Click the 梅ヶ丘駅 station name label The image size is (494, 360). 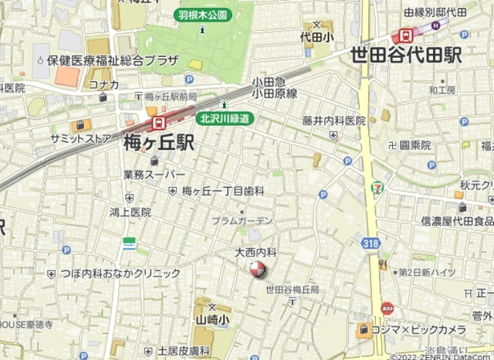pyautogui.click(x=158, y=142)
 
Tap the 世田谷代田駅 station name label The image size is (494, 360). pyautogui.click(x=405, y=55)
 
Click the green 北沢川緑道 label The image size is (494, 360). pyautogui.click(x=225, y=118)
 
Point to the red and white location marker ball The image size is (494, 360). pyautogui.click(x=257, y=270)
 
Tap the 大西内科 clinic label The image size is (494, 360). pyautogui.click(x=255, y=253)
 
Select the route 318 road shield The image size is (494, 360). pyautogui.click(x=373, y=243)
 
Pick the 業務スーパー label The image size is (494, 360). pyautogui.click(x=154, y=175)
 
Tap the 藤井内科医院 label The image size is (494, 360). pyautogui.click(x=334, y=121)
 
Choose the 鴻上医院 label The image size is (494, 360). pyautogui.click(x=130, y=212)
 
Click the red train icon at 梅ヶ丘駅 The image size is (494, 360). pyautogui.click(x=158, y=123)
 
